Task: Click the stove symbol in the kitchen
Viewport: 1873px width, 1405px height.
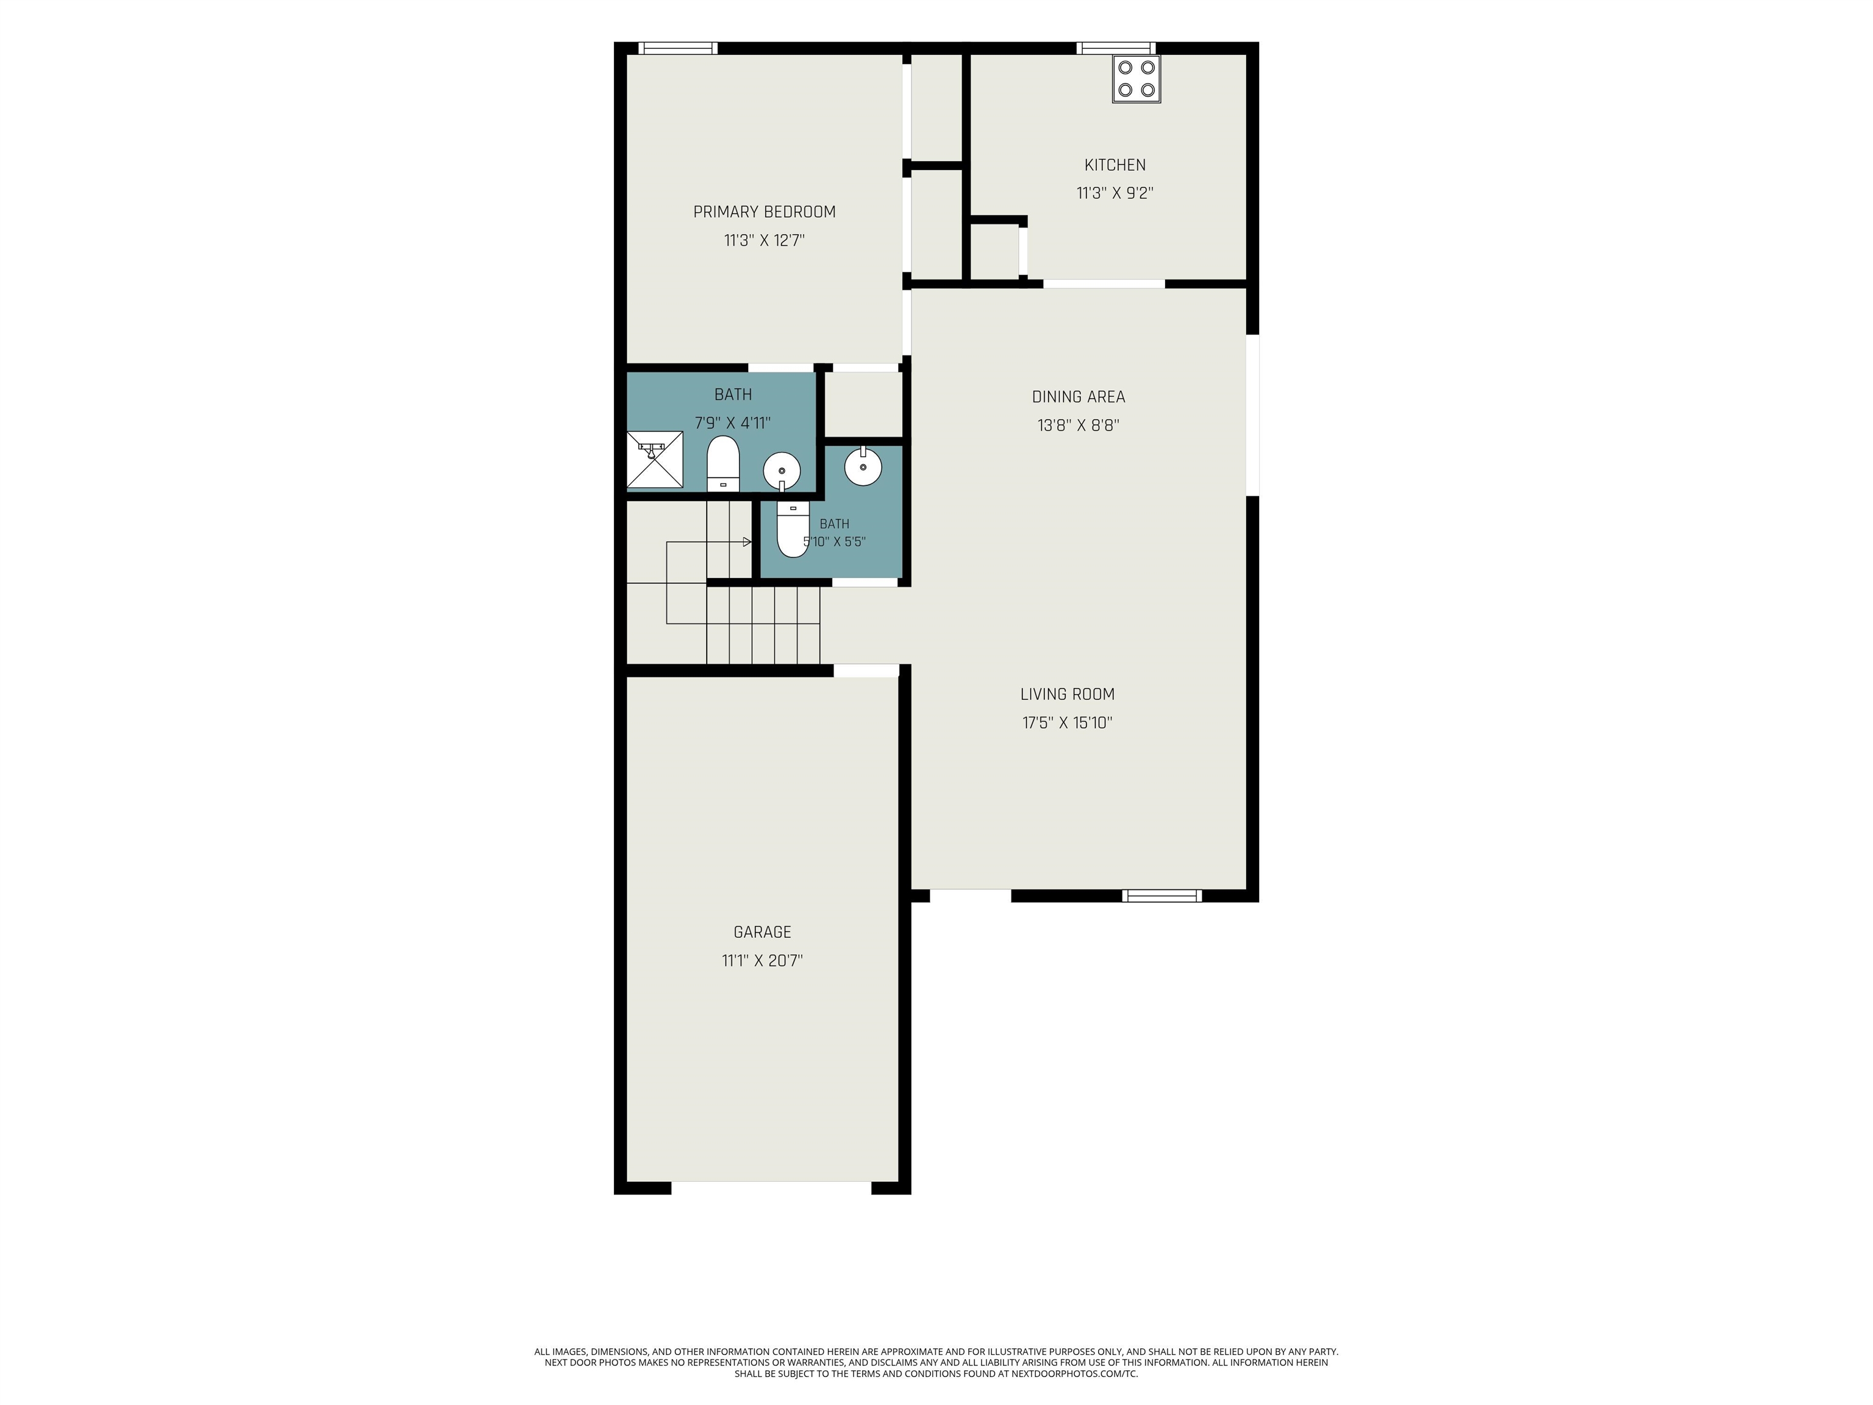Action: [1136, 79]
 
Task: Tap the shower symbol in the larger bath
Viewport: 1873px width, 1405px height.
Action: [655, 460]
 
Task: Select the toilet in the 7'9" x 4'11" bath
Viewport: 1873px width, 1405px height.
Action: [723, 464]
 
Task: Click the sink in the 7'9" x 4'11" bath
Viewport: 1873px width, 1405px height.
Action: [782, 471]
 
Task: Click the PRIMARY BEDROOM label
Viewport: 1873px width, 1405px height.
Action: [765, 212]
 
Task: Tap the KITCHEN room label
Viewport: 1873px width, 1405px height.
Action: [1115, 165]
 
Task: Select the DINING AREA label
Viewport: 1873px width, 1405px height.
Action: [1079, 396]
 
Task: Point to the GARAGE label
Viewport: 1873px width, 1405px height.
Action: [762, 932]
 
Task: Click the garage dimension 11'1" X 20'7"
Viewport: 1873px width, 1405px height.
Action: [762, 960]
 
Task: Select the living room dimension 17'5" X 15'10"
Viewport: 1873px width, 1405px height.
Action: [1068, 723]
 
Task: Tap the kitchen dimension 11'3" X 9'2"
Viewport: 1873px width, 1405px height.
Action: [1115, 193]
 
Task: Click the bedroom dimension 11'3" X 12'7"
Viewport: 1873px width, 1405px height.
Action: [765, 240]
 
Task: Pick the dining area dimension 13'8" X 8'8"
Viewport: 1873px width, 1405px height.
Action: [1079, 425]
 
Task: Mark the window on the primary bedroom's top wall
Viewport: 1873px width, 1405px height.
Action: [677, 48]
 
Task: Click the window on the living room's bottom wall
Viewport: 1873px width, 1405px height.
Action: [1161, 895]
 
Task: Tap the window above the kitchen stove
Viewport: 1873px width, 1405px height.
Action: [1116, 48]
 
